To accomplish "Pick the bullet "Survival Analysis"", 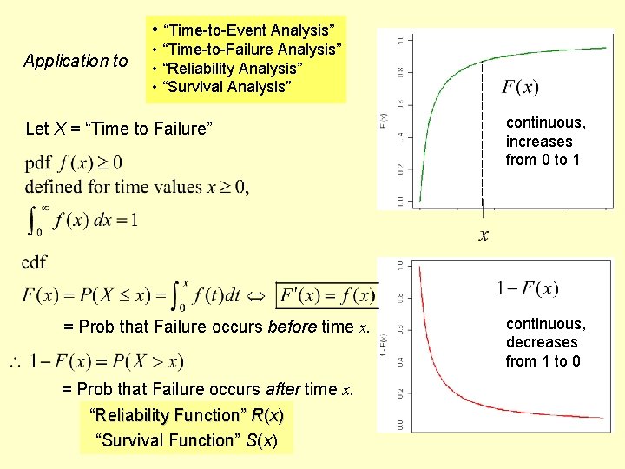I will coord(224,86).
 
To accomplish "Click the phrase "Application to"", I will coord(76,61).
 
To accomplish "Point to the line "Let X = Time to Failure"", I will coord(119,129).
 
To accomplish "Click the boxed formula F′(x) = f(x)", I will coord(326,295).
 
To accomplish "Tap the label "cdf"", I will coord(35,261).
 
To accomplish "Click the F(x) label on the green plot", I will coord(520,87).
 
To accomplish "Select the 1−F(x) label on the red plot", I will coord(527,288).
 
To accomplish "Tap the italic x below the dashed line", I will coord(484,234).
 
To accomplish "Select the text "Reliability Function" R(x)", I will coord(187,415).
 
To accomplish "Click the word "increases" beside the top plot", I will coord(539,142).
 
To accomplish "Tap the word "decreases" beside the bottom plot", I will coord(542,342).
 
